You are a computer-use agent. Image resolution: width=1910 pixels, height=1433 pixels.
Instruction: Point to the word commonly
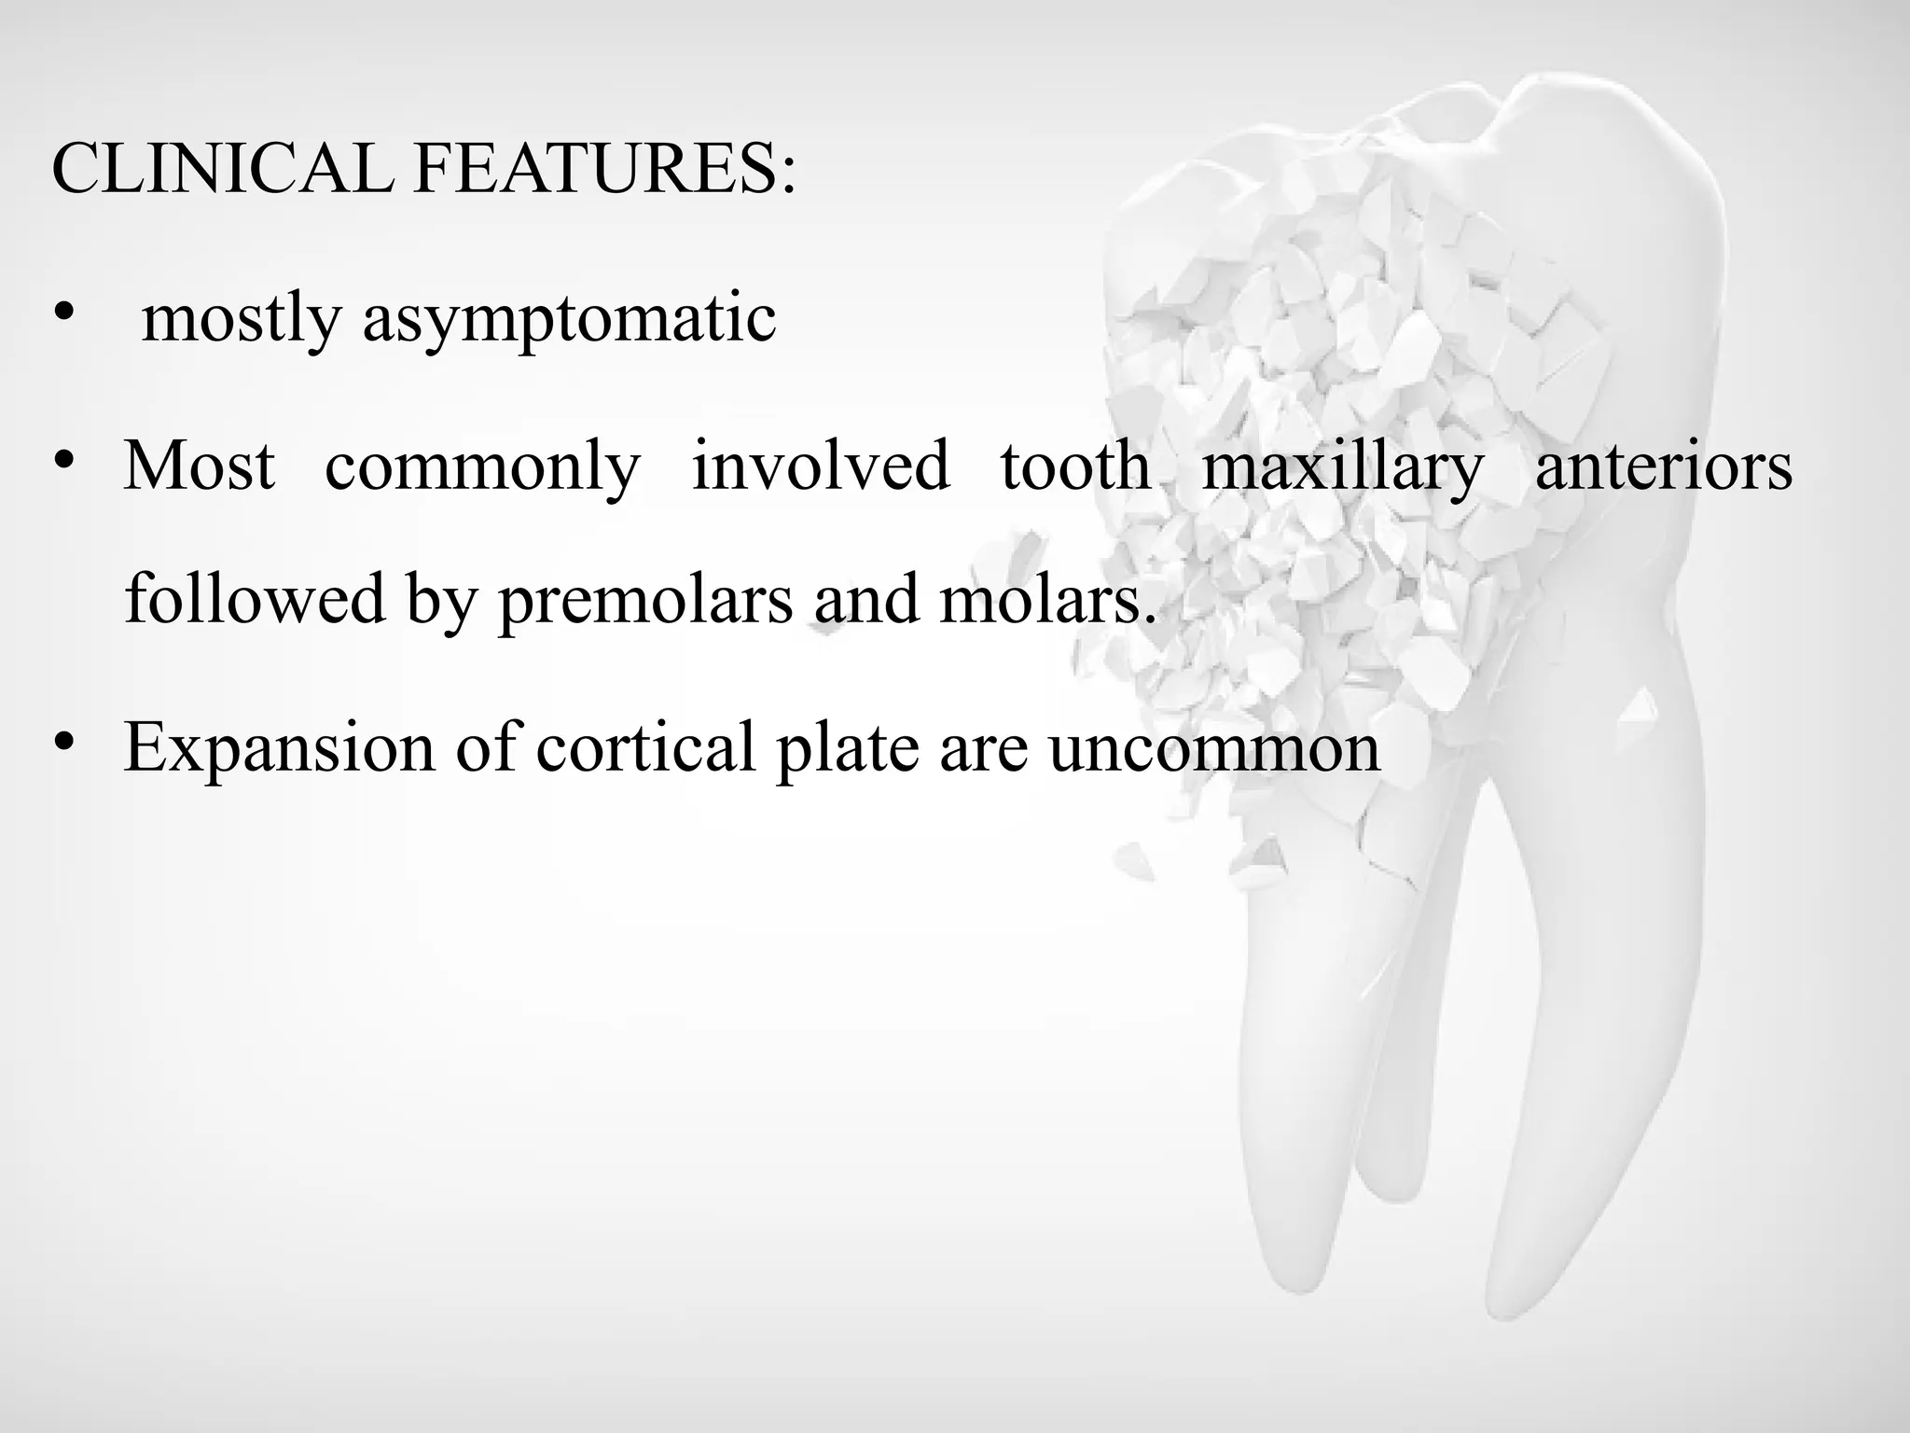coord(482,466)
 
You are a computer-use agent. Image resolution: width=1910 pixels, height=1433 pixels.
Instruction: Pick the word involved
coord(820,466)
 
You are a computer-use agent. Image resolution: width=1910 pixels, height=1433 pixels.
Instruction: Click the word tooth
coord(1074,466)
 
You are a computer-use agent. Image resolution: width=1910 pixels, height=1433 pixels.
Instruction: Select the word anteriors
coord(1663,466)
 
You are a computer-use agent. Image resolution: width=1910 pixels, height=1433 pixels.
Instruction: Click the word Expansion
coord(279,749)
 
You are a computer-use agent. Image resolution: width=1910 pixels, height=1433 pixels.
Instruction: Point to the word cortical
coord(645,747)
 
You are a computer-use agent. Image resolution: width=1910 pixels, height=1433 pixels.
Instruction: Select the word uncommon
coord(1213,749)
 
